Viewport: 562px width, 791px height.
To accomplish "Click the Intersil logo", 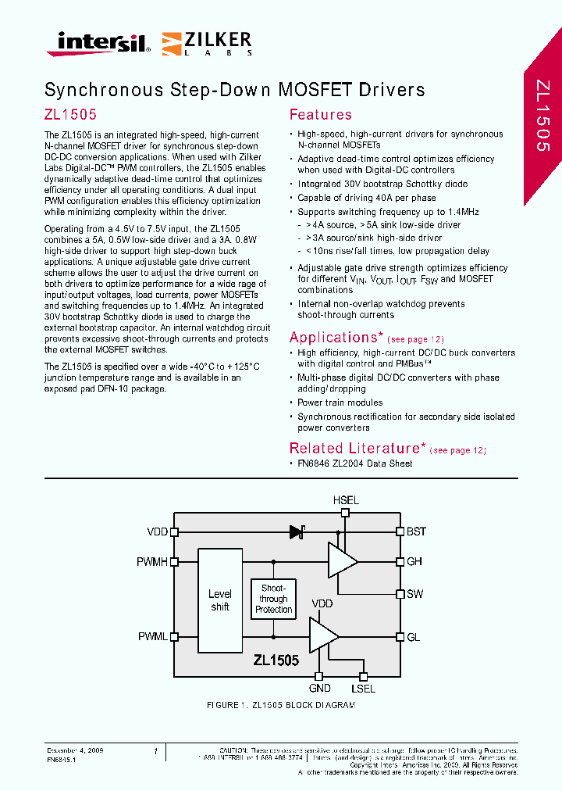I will click(x=98, y=43).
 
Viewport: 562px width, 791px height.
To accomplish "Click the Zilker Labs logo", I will click(x=207, y=43).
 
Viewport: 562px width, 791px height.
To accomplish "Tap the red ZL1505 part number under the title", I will click(x=70, y=114).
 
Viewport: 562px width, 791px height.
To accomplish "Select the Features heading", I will click(x=320, y=115).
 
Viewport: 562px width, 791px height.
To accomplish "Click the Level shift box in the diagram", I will click(x=220, y=600).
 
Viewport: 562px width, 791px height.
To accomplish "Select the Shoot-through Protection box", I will click(x=273, y=599).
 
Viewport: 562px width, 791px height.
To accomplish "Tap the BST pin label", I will click(x=416, y=532).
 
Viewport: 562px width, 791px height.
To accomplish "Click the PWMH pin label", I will click(x=152, y=561).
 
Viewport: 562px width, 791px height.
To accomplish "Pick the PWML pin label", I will click(x=153, y=637).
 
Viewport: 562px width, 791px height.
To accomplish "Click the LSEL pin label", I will click(x=363, y=689).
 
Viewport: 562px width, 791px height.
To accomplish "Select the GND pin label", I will click(x=319, y=689).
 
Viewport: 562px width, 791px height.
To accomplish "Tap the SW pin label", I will click(x=414, y=594).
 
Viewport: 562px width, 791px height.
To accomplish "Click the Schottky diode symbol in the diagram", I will click(x=297, y=532).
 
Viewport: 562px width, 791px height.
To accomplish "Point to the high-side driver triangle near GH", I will click(x=341, y=561).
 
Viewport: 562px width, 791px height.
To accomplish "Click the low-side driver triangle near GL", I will click(x=322, y=635).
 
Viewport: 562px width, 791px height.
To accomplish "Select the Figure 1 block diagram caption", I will click(x=280, y=705).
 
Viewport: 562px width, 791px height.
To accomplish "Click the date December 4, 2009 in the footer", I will click(x=76, y=750).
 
